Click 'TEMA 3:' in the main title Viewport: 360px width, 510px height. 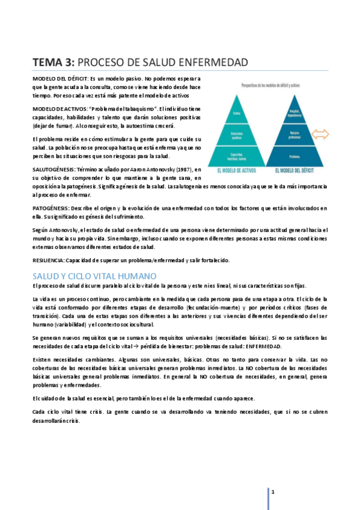coord(53,63)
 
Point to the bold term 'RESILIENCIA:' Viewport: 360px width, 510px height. coord(48,260)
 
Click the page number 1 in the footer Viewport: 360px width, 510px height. coord(273,492)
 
